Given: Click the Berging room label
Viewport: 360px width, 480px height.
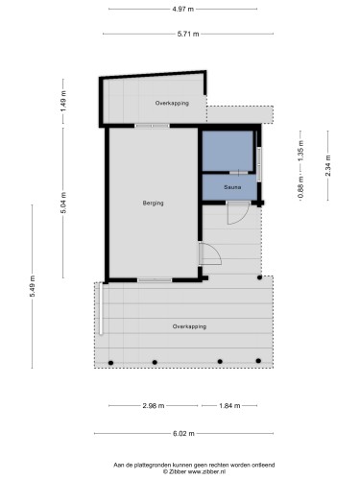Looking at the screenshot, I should pos(153,203).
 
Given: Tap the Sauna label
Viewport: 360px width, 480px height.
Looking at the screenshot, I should pos(231,187).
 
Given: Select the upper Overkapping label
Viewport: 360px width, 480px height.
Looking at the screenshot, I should pos(172,102).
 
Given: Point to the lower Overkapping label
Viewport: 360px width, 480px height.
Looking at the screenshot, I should pos(189,326).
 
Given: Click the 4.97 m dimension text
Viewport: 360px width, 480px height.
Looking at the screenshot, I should pos(181,9).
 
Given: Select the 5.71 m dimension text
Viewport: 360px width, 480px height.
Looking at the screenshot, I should pos(187,34).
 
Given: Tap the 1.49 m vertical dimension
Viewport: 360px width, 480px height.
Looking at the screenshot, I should pos(62,100).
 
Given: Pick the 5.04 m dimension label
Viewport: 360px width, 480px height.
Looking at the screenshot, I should pos(62,204).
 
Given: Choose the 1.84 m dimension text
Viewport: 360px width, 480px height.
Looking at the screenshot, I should pos(231,405).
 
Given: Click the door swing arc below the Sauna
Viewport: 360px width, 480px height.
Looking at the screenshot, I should pos(234,215).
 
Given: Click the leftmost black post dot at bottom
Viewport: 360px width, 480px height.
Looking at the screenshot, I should pos(111,362).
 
